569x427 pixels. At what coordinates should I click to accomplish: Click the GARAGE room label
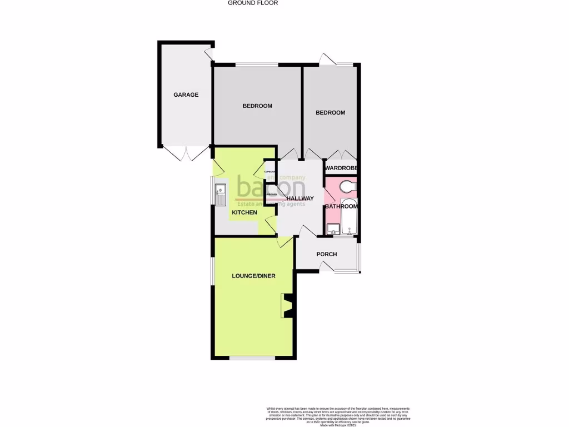[x=186, y=95]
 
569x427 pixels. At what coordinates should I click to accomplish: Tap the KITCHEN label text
[x=244, y=213]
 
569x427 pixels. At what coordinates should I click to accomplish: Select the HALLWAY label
[x=300, y=199]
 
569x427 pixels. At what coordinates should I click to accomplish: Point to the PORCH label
[x=327, y=255]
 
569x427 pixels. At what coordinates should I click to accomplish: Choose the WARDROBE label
[x=341, y=168]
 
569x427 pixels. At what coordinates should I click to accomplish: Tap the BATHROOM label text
[x=341, y=207]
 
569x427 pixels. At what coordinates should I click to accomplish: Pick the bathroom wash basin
[x=334, y=229]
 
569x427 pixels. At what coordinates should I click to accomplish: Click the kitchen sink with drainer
[x=220, y=192]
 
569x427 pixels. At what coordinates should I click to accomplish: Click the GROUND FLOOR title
[x=253, y=3]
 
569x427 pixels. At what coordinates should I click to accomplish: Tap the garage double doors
[x=186, y=153]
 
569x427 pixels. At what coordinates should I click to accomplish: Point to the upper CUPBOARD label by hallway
[x=271, y=172]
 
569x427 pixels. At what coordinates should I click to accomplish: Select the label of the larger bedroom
[x=258, y=106]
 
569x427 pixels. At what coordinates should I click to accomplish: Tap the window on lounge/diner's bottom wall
[x=252, y=358]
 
